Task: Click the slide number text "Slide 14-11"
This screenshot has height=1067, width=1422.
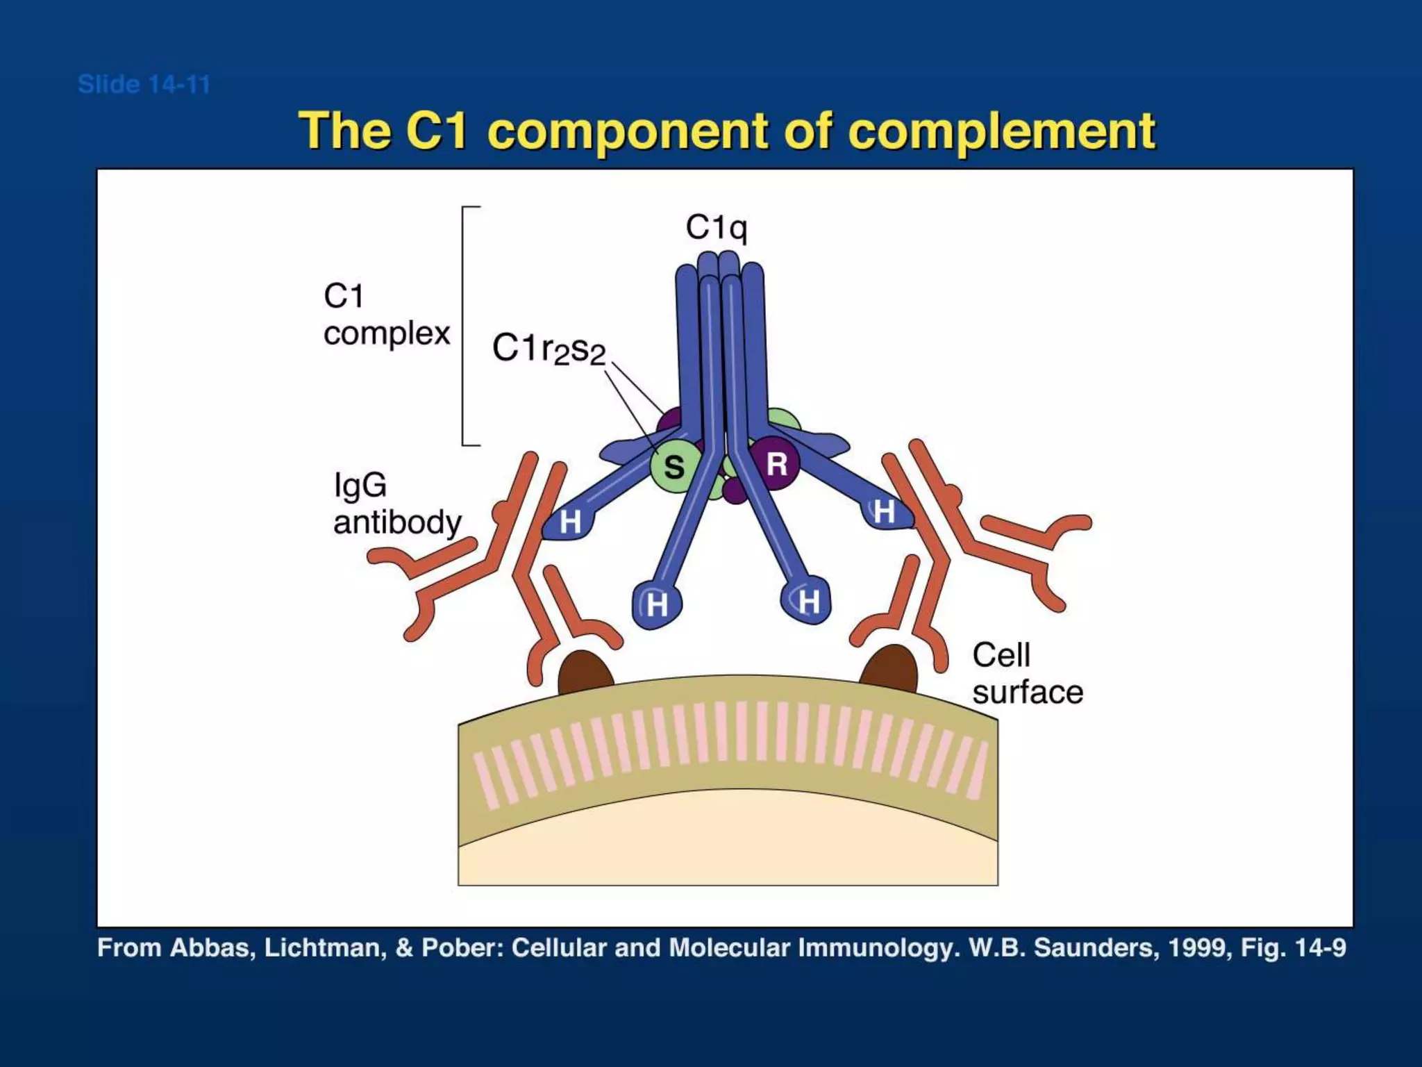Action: tap(144, 85)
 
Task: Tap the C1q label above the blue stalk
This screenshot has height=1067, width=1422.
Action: tap(716, 227)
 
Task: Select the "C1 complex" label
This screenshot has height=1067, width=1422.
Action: tap(386, 315)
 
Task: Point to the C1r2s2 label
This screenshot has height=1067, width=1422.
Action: tap(549, 349)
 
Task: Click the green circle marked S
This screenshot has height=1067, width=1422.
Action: tap(673, 466)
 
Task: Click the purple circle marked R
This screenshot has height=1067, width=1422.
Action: tap(776, 463)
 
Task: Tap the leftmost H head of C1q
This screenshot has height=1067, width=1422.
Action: tap(569, 521)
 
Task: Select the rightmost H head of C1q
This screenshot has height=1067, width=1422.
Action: tap(884, 512)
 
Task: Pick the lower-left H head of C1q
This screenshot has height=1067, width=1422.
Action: tap(656, 604)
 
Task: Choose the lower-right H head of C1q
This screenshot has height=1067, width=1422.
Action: tap(808, 601)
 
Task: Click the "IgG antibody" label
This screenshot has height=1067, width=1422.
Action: tap(396, 504)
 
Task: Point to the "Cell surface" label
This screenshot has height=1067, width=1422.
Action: tap(1027, 673)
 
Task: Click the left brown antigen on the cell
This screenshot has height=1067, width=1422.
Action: tap(585, 673)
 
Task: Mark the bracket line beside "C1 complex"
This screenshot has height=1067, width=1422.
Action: tap(463, 326)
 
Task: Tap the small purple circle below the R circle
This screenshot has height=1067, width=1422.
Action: tap(735, 491)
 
